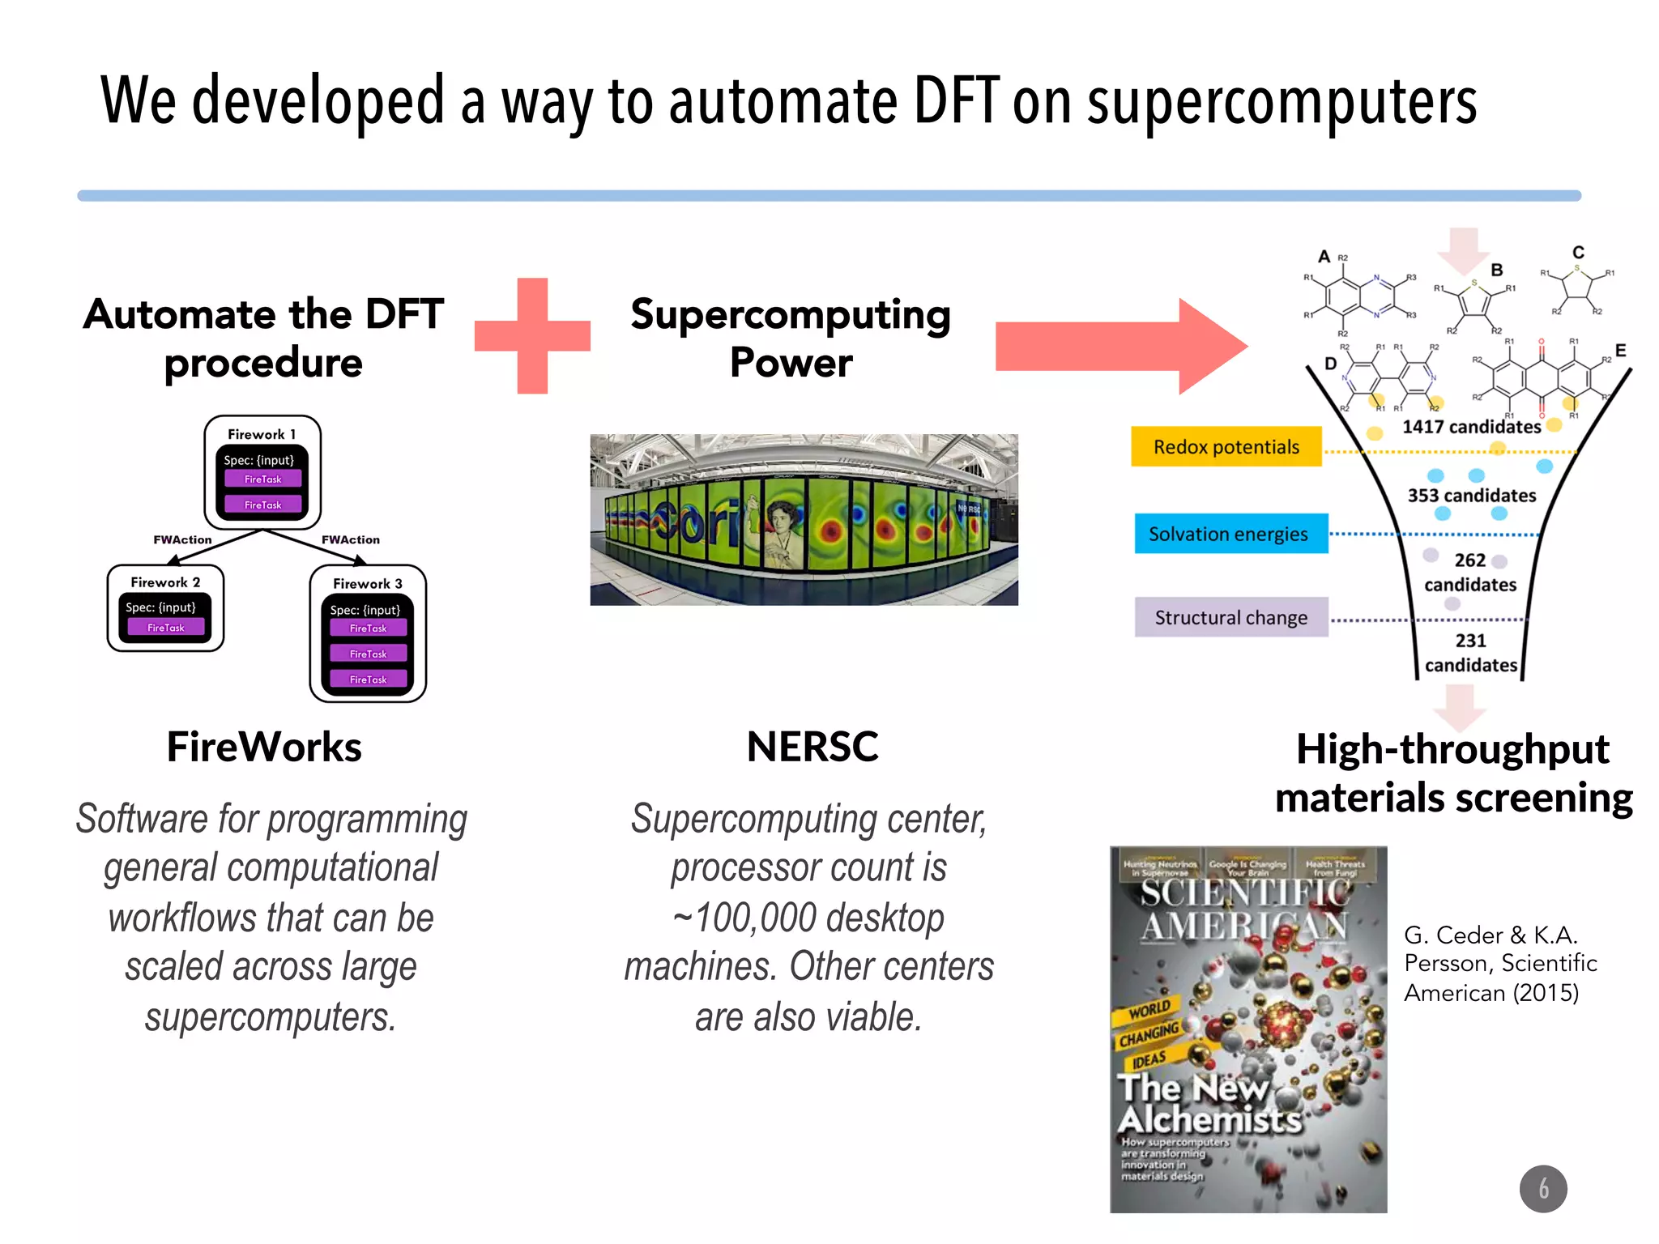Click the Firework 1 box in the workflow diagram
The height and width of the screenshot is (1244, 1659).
[262, 472]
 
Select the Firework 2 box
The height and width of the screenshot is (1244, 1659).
[165, 608]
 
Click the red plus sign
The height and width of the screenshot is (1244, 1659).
[532, 336]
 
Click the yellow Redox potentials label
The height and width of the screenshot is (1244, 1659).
[1226, 446]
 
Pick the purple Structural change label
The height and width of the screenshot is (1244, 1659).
[1230, 617]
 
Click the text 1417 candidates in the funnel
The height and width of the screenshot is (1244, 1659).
[1471, 427]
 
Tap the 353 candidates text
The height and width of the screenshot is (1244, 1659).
[1471, 495]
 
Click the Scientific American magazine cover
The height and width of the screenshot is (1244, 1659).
[1247, 1029]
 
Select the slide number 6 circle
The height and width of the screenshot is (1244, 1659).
[1542, 1188]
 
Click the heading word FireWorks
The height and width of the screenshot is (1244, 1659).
[264, 746]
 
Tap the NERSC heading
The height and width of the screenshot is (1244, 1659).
[812, 746]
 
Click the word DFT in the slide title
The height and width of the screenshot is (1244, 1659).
[956, 101]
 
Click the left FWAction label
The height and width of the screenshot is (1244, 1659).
[182, 539]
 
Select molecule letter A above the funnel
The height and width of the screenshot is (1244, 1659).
[1324, 257]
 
